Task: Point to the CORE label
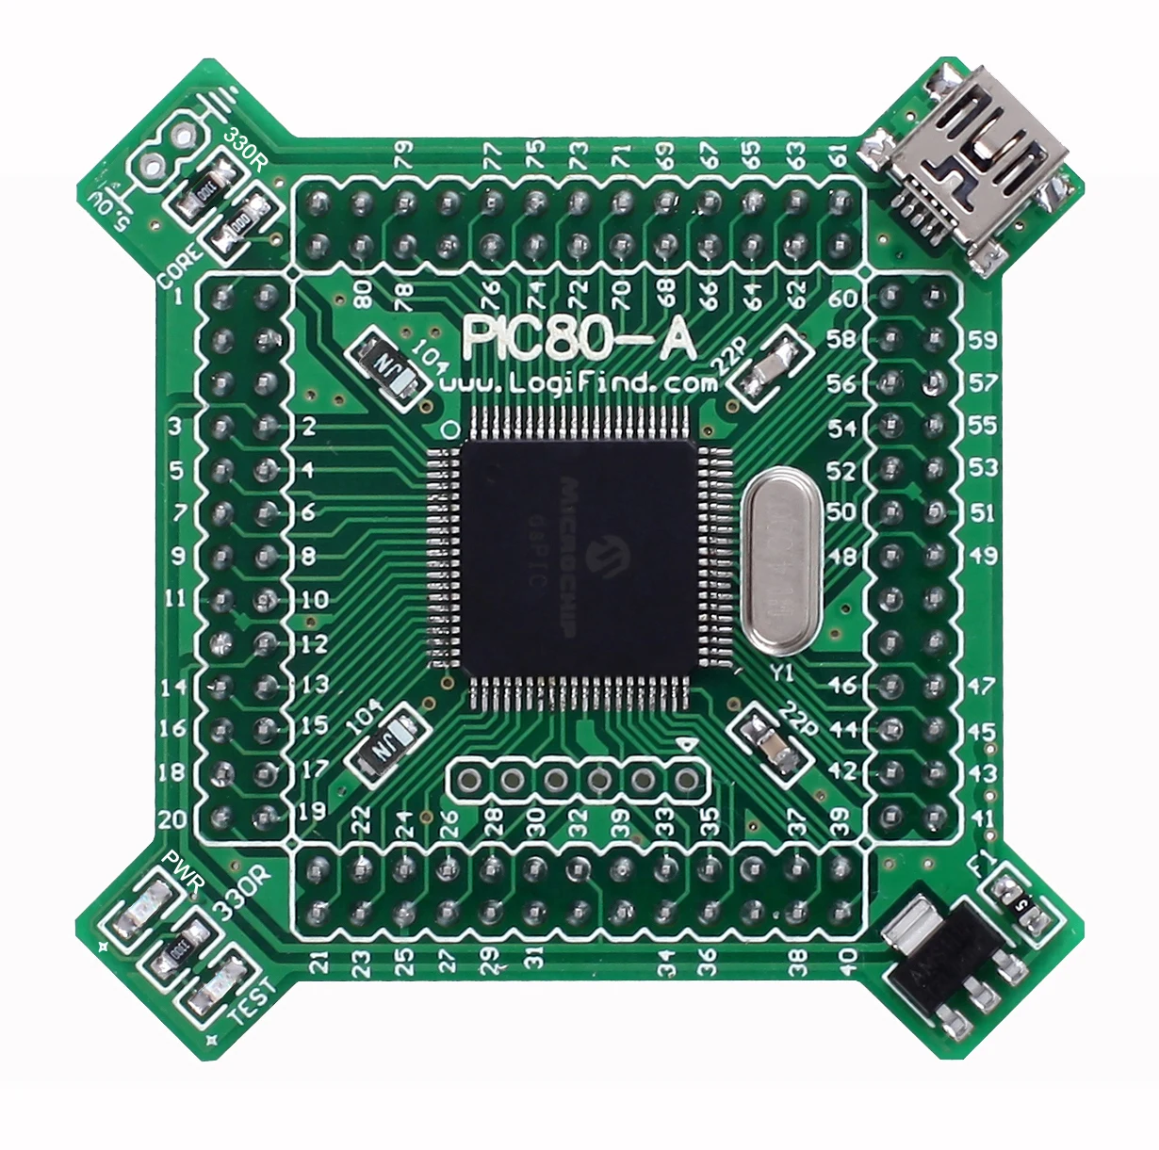click(179, 268)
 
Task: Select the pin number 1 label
click(179, 298)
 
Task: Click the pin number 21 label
click(319, 962)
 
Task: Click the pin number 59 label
click(983, 339)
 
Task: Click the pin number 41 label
click(983, 818)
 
